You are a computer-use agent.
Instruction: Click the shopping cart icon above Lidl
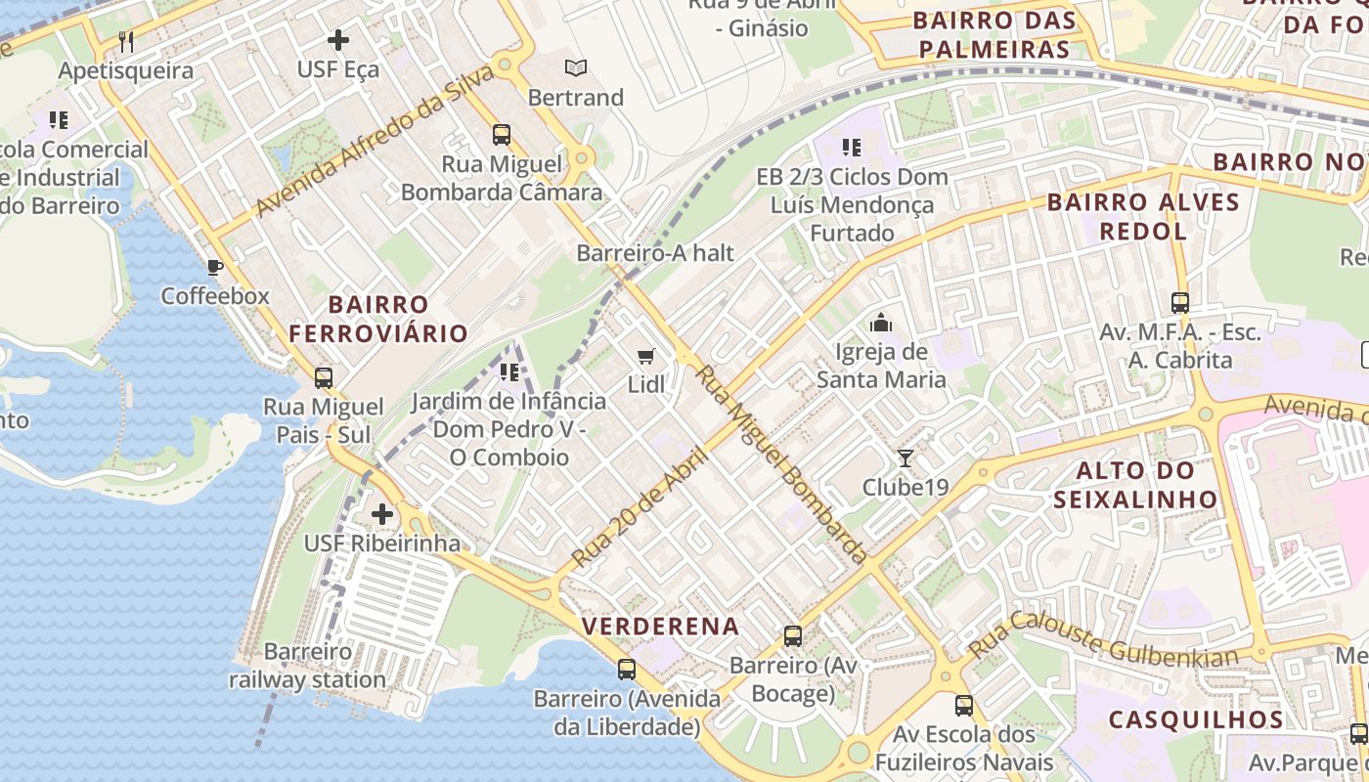(x=645, y=357)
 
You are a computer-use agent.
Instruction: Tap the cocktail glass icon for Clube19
(x=905, y=457)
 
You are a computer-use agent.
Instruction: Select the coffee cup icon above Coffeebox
(x=215, y=267)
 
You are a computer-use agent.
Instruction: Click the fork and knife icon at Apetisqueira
(x=125, y=41)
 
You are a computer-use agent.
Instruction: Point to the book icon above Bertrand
(x=576, y=67)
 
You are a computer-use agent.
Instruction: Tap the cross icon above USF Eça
(x=338, y=40)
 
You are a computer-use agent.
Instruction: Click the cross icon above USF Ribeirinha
(x=382, y=514)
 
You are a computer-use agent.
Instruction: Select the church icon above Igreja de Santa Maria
(x=881, y=322)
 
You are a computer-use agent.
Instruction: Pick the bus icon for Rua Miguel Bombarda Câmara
(x=502, y=135)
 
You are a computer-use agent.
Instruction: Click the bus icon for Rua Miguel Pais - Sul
(x=324, y=377)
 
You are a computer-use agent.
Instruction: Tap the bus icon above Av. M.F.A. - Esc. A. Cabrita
(x=1180, y=303)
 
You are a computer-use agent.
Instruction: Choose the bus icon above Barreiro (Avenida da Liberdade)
(x=627, y=670)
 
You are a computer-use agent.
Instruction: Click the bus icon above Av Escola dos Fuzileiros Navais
(x=964, y=705)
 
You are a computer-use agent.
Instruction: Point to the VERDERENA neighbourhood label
(x=661, y=625)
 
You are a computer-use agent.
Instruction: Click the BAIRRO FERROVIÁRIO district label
(x=378, y=319)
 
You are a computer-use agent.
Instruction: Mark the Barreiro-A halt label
(x=654, y=253)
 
